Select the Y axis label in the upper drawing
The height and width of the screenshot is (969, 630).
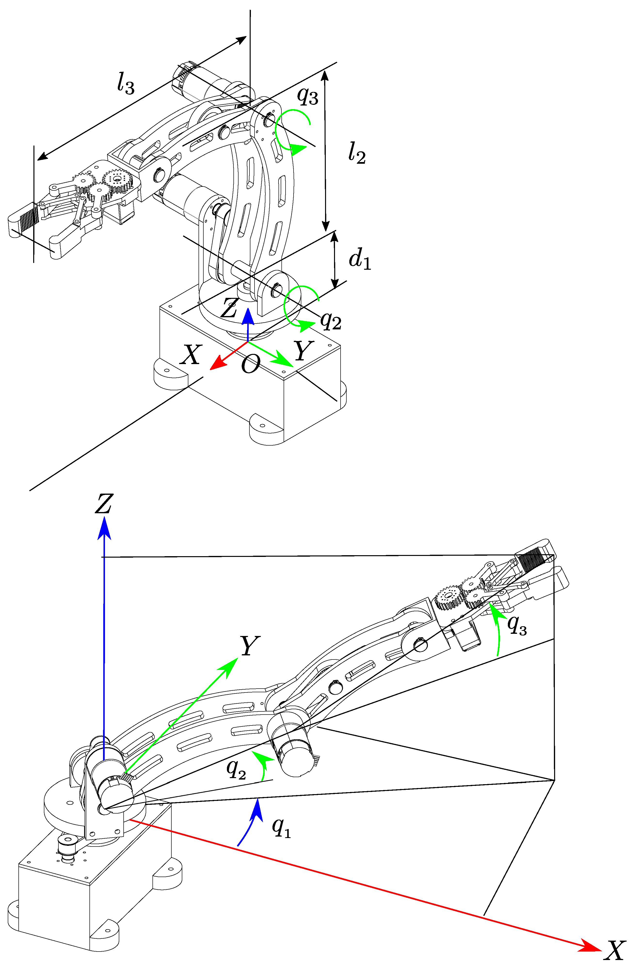303,351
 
